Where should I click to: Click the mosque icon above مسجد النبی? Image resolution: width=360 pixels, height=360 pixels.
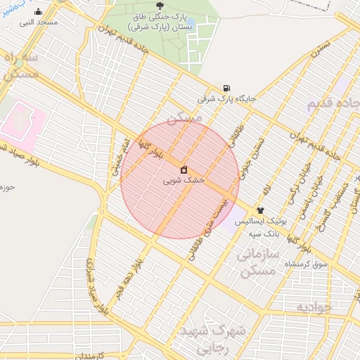coord(38,12)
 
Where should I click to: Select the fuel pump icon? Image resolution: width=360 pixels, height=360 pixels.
coord(226,88)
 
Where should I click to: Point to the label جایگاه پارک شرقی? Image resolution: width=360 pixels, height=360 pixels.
coord(226,99)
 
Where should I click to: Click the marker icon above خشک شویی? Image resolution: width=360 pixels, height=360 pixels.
coord(184,169)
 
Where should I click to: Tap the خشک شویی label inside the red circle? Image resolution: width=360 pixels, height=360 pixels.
coord(184,180)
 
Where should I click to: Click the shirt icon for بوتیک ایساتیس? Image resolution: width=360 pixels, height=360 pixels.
coord(260,210)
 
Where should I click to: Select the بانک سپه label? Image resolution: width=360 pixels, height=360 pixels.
coord(266,233)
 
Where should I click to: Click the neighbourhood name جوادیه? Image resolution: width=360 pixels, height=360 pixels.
coord(314,308)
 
